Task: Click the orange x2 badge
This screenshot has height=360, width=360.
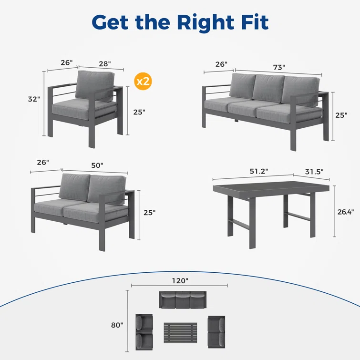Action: click(x=143, y=81)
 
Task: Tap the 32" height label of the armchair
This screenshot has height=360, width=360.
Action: click(x=34, y=99)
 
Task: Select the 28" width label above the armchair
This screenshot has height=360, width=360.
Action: click(x=105, y=63)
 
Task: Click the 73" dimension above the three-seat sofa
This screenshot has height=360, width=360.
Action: click(x=279, y=67)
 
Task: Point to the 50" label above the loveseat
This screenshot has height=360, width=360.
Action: click(x=97, y=165)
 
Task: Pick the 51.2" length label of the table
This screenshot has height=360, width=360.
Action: click(x=259, y=171)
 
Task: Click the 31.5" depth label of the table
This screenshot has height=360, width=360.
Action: click(x=314, y=172)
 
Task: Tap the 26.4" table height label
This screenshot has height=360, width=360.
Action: click(x=345, y=212)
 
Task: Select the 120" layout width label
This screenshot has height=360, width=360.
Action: click(x=180, y=280)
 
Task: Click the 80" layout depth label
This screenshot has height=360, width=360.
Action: click(x=117, y=325)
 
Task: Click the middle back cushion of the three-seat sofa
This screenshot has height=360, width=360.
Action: click(x=268, y=88)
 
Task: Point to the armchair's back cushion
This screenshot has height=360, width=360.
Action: click(x=94, y=85)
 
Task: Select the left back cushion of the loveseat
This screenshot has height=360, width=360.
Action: click(x=74, y=187)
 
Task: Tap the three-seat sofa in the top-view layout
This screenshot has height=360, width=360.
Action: click(x=183, y=300)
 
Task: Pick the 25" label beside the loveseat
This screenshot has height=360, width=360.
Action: click(x=149, y=213)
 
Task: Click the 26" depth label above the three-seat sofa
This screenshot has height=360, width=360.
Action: click(x=221, y=64)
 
